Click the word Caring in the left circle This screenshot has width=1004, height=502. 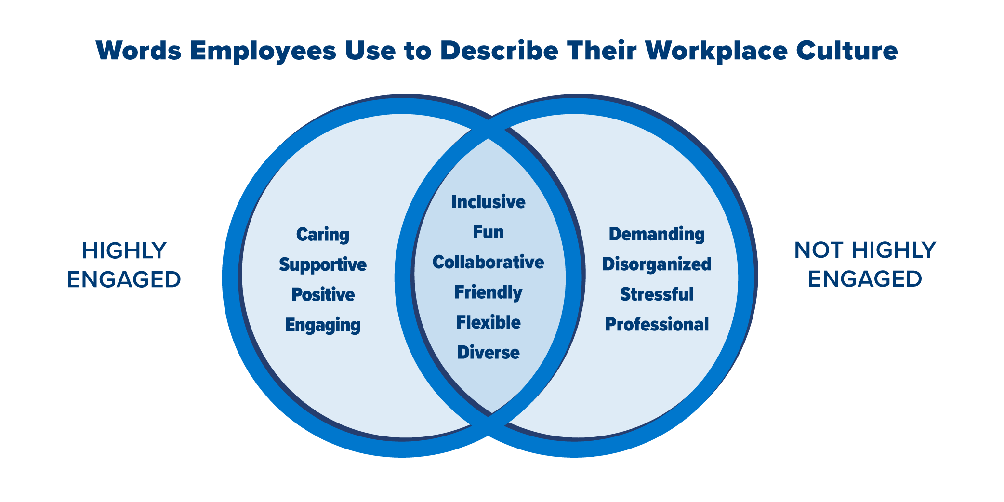click(x=322, y=235)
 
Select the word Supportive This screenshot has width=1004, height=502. click(x=322, y=264)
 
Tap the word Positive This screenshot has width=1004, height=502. click(x=323, y=294)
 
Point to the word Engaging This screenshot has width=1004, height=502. click(x=323, y=325)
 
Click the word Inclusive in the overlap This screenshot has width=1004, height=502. click(x=488, y=202)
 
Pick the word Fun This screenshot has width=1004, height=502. click(x=488, y=232)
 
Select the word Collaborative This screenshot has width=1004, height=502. click(x=488, y=262)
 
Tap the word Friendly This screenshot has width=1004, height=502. click(x=488, y=292)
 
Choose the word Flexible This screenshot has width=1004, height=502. click(x=488, y=322)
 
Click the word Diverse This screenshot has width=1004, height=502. click(x=488, y=353)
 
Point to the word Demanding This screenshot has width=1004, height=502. click(x=657, y=234)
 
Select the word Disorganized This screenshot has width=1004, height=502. click(x=657, y=264)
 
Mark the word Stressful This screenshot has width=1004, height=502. click(x=657, y=294)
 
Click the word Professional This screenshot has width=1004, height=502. click(x=657, y=325)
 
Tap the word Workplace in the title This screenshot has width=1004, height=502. click(x=716, y=51)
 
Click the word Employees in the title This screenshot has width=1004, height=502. click(x=263, y=51)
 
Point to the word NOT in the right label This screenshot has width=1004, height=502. click(x=819, y=250)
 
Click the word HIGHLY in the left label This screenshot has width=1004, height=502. click(x=124, y=251)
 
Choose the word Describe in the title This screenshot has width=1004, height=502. click(x=499, y=50)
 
